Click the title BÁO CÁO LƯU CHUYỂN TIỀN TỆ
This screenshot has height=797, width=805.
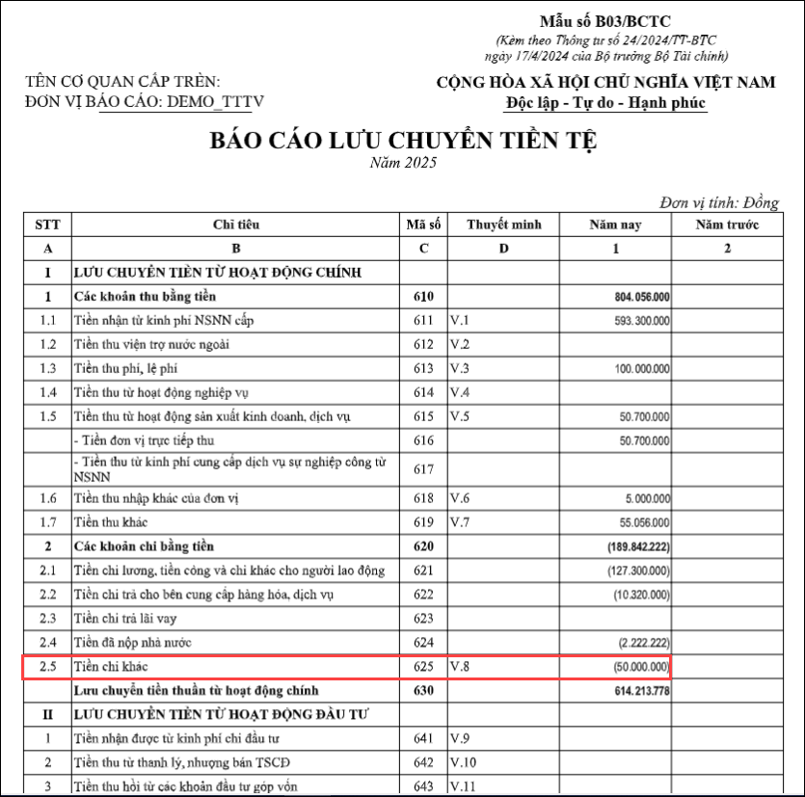tap(403, 141)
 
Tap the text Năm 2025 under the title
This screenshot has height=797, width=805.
tap(403, 163)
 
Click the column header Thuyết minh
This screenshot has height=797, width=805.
tap(504, 225)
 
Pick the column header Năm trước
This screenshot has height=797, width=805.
tap(727, 225)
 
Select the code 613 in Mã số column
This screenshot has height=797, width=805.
tap(423, 368)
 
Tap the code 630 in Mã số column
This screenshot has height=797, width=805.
tap(423, 691)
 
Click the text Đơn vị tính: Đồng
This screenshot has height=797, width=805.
tap(718, 203)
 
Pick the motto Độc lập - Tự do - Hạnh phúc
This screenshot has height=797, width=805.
tap(605, 103)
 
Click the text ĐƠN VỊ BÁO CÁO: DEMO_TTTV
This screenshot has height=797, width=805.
tap(145, 101)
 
